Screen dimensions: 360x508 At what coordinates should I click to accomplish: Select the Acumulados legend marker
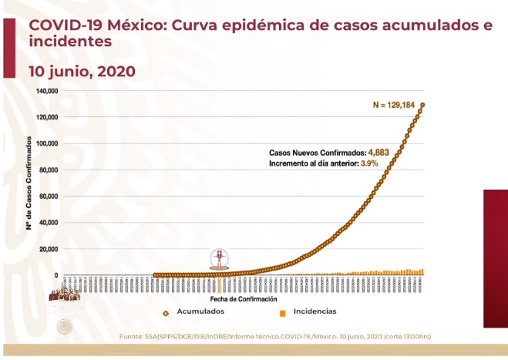(166, 312)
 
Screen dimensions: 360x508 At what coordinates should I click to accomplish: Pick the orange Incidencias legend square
(283, 312)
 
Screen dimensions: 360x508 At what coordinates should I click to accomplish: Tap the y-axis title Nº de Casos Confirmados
(29, 183)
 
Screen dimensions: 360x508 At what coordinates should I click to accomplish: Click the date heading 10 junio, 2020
(82, 71)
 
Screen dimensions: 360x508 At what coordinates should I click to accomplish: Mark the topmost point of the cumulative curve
(423, 105)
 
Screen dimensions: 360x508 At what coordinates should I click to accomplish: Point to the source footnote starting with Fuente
(275, 337)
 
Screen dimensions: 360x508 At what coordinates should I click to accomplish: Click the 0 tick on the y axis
(56, 275)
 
